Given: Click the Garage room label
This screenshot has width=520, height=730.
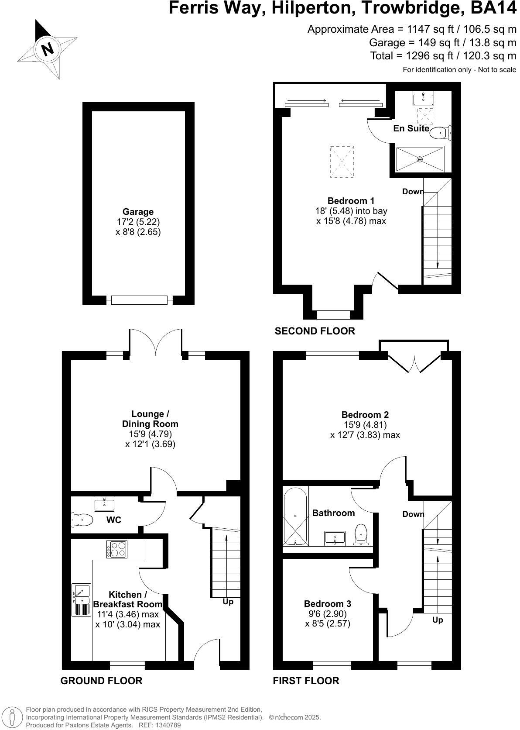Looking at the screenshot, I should click(x=138, y=212).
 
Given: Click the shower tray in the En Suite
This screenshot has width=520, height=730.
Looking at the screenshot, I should click(x=419, y=159).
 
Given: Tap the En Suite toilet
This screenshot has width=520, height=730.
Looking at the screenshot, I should click(x=439, y=132).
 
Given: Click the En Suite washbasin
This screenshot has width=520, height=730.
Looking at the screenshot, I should click(x=422, y=99).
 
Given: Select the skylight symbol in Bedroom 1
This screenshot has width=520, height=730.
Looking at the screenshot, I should click(x=342, y=162).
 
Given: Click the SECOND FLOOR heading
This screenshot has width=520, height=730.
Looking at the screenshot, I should click(x=315, y=331).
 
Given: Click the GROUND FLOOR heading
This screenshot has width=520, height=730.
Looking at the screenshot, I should click(x=101, y=681).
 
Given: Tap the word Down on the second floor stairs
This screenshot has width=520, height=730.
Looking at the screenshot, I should click(x=413, y=192).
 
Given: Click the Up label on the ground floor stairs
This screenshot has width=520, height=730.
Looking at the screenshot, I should click(x=228, y=602).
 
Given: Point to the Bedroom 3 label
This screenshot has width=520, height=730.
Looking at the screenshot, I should click(x=327, y=604).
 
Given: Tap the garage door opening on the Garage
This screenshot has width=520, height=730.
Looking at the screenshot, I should click(x=139, y=300).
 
